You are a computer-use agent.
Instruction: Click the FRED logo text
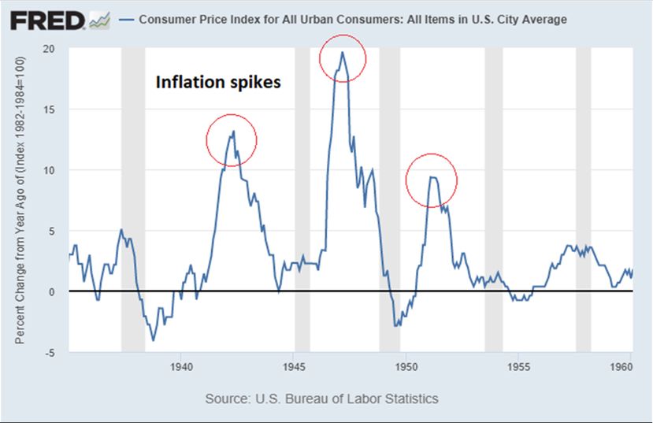point(46,20)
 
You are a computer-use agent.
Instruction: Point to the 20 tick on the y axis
point(49,48)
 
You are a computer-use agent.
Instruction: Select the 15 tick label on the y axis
point(49,109)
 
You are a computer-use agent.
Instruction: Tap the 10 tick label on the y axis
point(49,170)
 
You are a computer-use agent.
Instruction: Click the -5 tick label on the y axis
point(50,352)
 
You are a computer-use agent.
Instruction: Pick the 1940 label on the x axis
point(181,366)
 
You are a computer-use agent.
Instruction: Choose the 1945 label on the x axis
point(294,366)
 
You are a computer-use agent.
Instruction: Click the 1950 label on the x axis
point(406,366)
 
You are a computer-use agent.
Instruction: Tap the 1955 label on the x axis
point(518,366)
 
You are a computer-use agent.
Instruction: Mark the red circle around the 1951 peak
point(432,180)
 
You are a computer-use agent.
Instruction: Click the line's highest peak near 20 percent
point(342,53)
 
